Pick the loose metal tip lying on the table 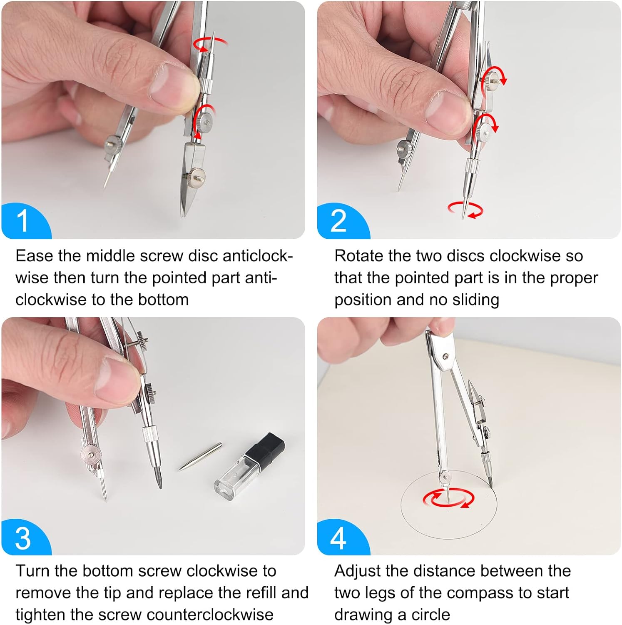(x=200, y=457)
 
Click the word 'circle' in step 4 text (x=431, y=615)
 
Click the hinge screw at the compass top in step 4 (x=446, y=357)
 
